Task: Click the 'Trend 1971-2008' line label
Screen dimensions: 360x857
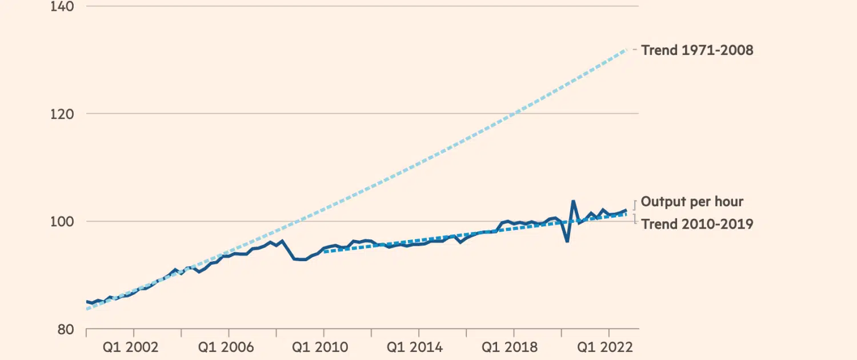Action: point(697,50)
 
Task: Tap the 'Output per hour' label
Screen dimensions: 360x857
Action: point(692,201)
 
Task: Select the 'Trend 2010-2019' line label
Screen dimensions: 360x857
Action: point(697,224)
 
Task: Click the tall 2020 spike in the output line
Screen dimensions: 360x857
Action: point(573,201)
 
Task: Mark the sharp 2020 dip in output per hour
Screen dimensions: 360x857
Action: point(567,241)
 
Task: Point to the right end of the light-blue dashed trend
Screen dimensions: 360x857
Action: point(627,50)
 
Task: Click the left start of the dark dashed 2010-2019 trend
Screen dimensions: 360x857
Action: point(324,251)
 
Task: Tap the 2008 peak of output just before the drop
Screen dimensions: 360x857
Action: point(282,241)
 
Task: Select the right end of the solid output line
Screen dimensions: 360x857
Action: point(626,210)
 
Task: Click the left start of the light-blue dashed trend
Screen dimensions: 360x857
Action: point(87,309)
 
